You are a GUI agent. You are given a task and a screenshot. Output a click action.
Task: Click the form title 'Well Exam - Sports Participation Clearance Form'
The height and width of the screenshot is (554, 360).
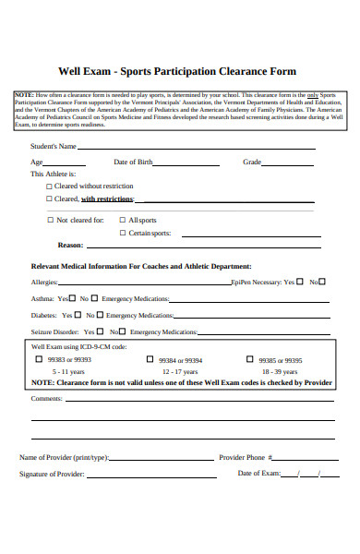point(177,70)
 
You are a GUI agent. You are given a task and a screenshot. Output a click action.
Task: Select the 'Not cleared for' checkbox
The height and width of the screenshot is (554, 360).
point(50,221)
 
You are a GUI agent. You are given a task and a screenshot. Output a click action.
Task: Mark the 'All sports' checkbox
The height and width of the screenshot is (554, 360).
point(122,221)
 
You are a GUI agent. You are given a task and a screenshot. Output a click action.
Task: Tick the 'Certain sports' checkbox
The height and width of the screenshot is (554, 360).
point(122,234)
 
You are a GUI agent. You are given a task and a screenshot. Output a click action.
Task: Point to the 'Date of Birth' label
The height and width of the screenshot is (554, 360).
point(133,162)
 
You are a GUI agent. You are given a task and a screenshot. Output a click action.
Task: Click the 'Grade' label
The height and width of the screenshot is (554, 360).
point(252,162)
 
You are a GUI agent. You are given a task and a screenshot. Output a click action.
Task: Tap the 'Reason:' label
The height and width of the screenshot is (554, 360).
point(71,246)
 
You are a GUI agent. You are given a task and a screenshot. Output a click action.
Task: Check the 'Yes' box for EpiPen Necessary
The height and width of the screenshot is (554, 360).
point(299,282)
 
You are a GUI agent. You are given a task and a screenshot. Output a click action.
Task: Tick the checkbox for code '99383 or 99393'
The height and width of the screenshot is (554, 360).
point(39,359)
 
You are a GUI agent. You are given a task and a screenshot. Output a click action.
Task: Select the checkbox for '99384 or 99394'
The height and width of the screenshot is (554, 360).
point(150,359)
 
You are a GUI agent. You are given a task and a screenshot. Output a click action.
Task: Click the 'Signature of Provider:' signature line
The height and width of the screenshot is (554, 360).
point(152,476)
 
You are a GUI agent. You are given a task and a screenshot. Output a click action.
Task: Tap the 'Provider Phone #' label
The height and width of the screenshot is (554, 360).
point(246,457)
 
